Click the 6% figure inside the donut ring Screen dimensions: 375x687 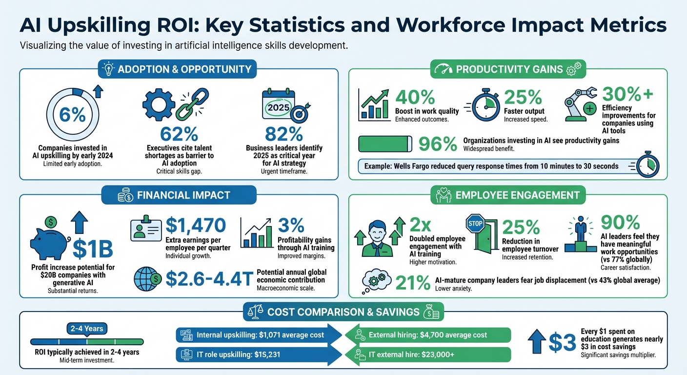pos(72,115)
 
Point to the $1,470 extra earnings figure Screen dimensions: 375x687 pos(196,225)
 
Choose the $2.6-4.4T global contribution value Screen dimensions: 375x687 pos(208,278)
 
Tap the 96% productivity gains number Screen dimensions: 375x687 pos(437,144)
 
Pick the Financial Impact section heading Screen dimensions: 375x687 pos(183,195)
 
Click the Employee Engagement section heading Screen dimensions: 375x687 pos(517,195)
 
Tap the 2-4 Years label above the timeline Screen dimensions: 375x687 pos(87,329)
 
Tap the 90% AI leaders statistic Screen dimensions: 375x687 pos(620,222)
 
